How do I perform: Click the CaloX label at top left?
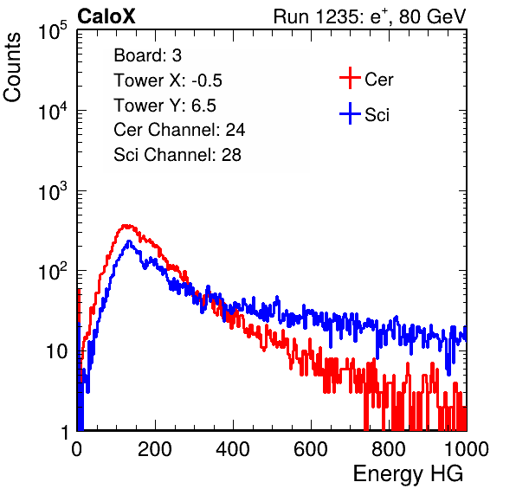tap(106, 16)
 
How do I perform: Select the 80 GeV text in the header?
tap(432, 16)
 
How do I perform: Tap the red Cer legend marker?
tap(350, 78)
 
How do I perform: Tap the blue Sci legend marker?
tap(350, 114)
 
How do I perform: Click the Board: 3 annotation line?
tap(147, 55)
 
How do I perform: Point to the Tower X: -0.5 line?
tap(168, 80)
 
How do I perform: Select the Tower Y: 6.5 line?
tap(164, 106)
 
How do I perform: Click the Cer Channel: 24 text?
tap(179, 130)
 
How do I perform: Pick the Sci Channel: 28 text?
tap(177, 155)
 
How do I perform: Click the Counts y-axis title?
tap(12, 67)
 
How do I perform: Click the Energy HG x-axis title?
tap(408, 474)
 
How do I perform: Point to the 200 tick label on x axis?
tap(155, 449)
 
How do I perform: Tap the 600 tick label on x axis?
tap(311, 449)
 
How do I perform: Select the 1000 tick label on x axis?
tap(467, 449)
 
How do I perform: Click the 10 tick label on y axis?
tap(57, 351)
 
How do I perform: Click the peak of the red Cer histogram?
tap(126, 226)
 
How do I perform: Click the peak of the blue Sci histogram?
tap(129, 241)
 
